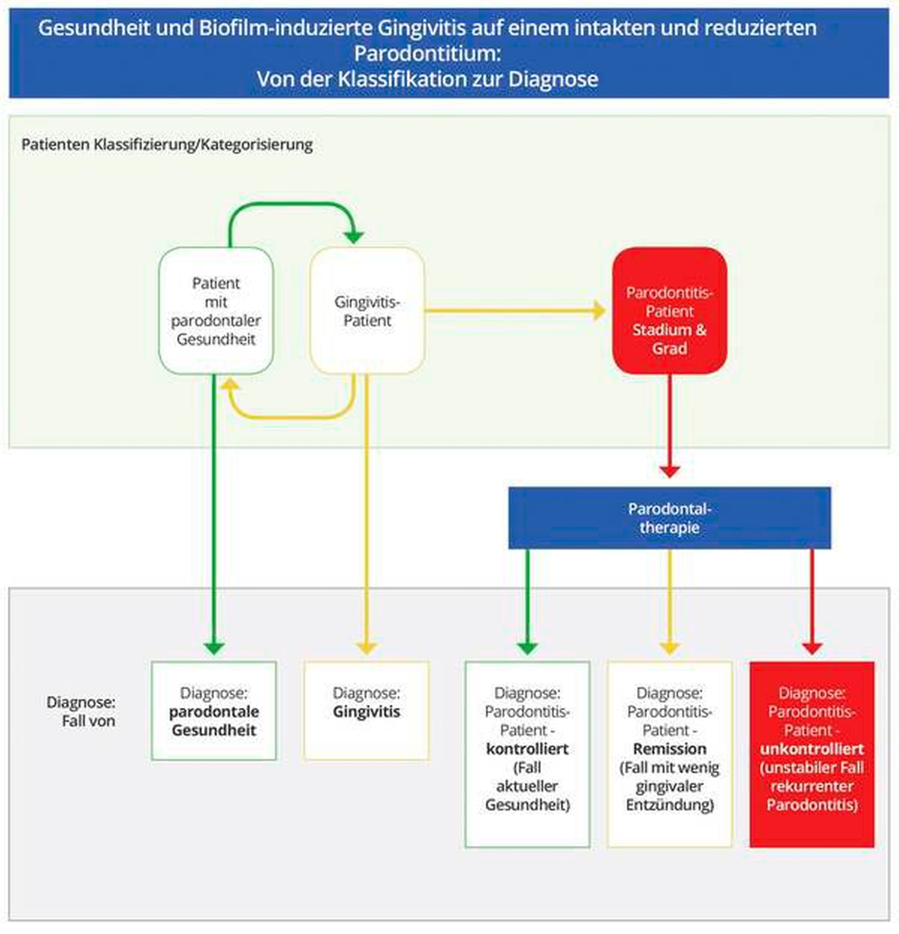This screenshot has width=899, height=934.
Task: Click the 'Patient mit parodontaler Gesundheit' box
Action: pyautogui.click(x=216, y=311)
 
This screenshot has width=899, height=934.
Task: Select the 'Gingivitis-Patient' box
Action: pyautogui.click(x=367, y=311)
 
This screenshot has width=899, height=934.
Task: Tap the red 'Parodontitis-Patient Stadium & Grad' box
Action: pyautogui.click(x=670, y=311)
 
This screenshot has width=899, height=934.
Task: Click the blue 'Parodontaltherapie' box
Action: pyautogui.click(x=670, y=518)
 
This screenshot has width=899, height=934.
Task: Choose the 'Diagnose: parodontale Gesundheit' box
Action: pyautogui.click(x=214, y=711)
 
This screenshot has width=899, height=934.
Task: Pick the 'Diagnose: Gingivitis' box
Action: pyautogui.click(x=366, y=711)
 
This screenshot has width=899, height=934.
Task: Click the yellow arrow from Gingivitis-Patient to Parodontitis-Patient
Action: pyautogui.click(x=514, y=311)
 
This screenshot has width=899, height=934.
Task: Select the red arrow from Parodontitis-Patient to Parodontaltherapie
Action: pyautogui.click(x=670, y=424)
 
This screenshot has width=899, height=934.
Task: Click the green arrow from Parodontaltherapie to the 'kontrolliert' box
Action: pyautogui.click(x=528, y=600)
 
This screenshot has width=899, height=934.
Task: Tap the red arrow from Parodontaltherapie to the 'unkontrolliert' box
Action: pyautogui.click(x=812, y=600)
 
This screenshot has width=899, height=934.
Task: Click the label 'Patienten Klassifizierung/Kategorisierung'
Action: pyautogui.click(x=167, y=144)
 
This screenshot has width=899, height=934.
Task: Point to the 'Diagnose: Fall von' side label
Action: pyautogui.click(x=81, y=712)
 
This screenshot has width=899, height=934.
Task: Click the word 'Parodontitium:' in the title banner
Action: pyautogui.click(x=427, y=53)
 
